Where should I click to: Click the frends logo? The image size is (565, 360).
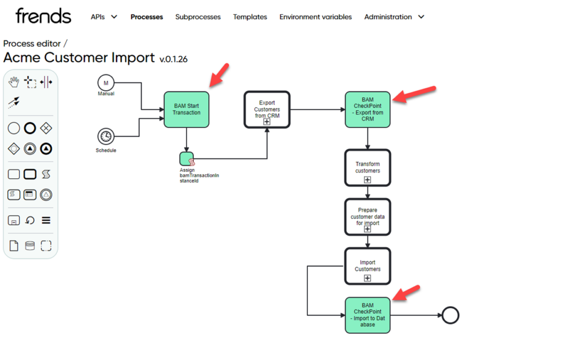[x=43, y=16]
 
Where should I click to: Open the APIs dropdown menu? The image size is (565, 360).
[x=104, y=17]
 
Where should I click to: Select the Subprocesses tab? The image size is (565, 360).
[x=198, y=17]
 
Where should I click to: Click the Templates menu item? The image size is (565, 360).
[x=250, y=17]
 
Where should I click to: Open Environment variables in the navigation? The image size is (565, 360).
[x=316, y=17]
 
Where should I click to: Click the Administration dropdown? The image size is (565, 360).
[x=394, y=17]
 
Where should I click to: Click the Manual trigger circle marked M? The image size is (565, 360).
[x=105, y=83]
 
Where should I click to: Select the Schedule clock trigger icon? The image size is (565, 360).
[x=105, y=136]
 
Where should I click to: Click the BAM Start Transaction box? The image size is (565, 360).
[x=186, y=109]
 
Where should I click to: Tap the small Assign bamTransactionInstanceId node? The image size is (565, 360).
[x=187, y=159]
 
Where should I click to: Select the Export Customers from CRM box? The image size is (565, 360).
[x=267, y=109]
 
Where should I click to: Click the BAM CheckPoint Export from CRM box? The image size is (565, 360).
[x=367, y=109]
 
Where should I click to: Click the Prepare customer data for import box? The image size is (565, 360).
[x=367, y=217]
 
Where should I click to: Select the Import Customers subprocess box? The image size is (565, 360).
[x=367, y=266]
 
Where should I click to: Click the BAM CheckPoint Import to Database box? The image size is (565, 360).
[x=367, y=315]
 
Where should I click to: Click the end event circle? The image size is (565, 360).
[x=450, y=315]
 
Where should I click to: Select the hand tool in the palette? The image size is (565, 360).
[x=14, y=82]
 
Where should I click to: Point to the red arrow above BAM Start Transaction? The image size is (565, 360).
[x=219, y=75]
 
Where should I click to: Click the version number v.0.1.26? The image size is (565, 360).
[x=173, y=59]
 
